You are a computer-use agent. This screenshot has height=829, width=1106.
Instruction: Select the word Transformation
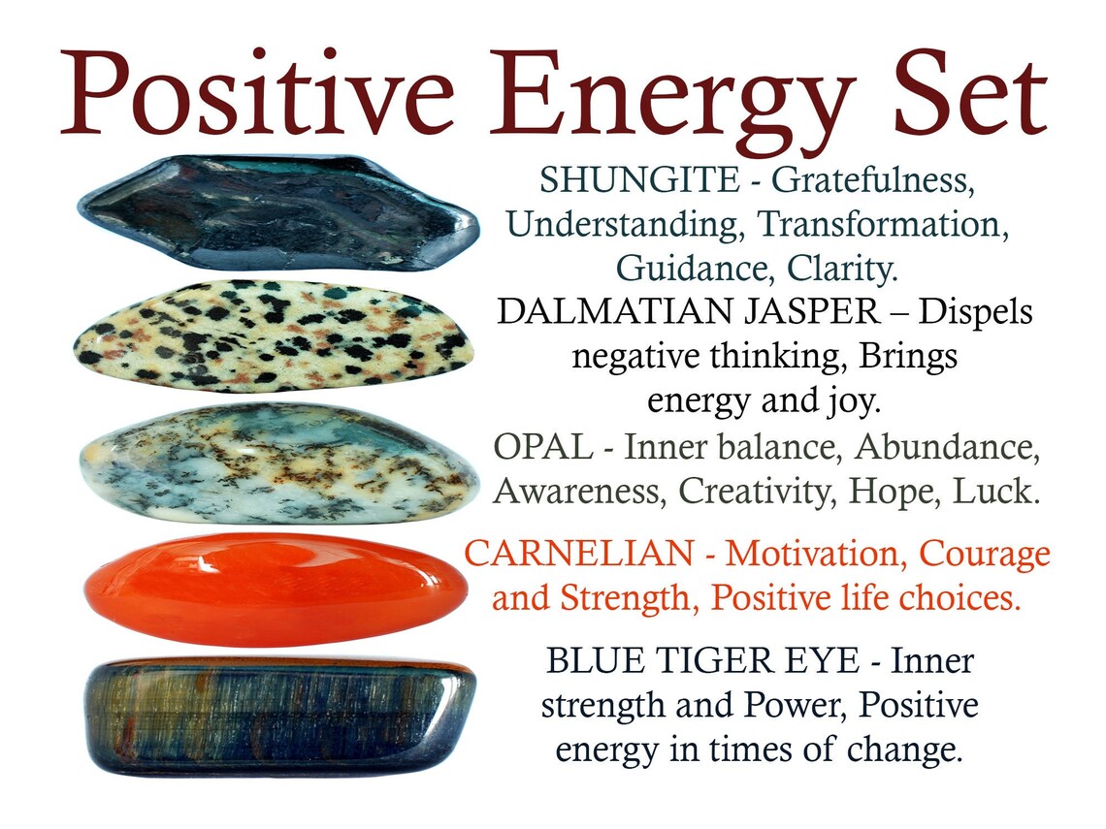[879, 224]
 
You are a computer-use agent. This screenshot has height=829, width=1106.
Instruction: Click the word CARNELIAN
[578, 555]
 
